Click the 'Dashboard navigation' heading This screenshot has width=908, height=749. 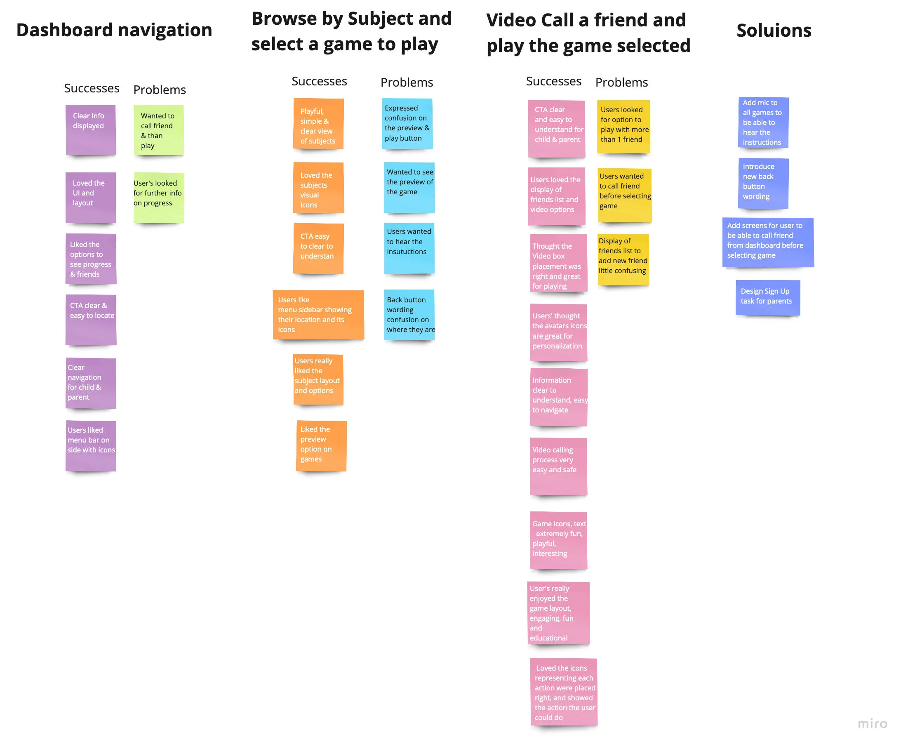click(x=114, y=30)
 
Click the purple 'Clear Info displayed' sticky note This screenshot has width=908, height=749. click(x=91, y=130)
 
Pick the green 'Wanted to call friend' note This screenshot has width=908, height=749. click(x=158, y=130)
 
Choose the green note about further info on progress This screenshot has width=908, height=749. click(x=158, y=198)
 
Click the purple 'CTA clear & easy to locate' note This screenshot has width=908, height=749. click(x=91, y=319)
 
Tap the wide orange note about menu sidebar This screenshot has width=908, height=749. click(x=318, y=315)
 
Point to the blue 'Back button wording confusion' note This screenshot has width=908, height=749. click(x=409, y=315)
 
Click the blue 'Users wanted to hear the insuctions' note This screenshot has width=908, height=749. click(x=409, y=248)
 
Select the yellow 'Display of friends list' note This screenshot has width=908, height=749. click(x=623, y=259)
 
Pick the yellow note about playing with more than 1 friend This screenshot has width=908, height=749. click(x=623, y=127)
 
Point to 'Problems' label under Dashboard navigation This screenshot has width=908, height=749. click(x=159, y=90)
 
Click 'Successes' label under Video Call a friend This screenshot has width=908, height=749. click(x=553, y=81)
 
